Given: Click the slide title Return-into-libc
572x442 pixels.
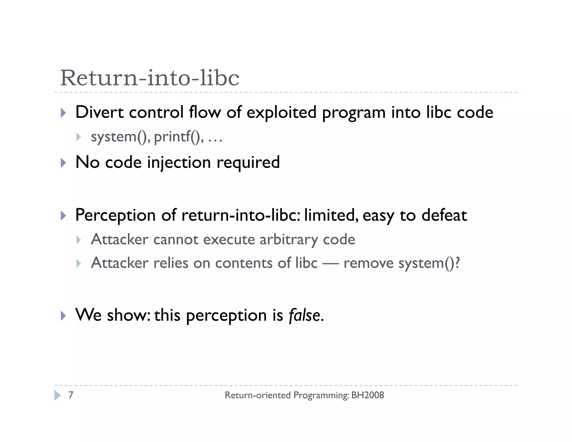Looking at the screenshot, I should click(x=150, y=78).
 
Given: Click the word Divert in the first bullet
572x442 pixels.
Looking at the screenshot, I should click(x=99, y=112).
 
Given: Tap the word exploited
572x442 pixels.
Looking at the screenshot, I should click(x=281, y=112).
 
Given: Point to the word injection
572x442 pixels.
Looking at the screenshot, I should click(x=179, y=162).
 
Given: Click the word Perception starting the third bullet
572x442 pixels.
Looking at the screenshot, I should click(x=115, y=215).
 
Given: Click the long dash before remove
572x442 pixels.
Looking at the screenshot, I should click(x=330, y=263).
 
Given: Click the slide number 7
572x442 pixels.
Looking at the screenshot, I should click(x=71, y=395).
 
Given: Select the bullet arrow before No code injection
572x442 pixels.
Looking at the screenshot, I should click(x=63, y=163).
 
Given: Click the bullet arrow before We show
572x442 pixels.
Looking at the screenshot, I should click(x=63, y=316).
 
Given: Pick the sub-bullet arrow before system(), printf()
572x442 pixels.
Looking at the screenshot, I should click(x=78, y=137).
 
